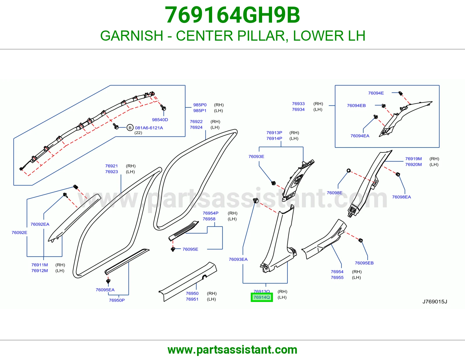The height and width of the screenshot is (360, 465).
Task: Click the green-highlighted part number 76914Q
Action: pyautogui.click(x=262, y=297)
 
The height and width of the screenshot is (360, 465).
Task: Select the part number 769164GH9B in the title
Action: pyautogui.click(x=233, y=15)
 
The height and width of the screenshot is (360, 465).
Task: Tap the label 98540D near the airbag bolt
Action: pyautogui.click(x=160, y=120)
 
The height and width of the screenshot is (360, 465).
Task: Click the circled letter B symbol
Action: pyautogui.click(x=130, y=128)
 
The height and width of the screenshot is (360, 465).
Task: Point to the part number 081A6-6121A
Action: pyautogui.click(x=149, y=128)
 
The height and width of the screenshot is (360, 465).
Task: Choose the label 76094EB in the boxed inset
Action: pyautogui.click(x=356, y=106)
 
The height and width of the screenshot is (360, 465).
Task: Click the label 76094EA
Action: pyautogui.click(x=360, y=136)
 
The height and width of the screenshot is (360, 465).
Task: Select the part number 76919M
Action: pyautogui.click(x=414, y=159)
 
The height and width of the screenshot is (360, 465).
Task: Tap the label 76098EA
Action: pyautogui.click(x=401, y=197)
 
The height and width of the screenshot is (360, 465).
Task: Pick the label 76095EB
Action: pyautogui.click(x=364, y=263)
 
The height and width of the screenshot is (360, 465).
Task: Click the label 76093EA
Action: pyautogui.click(x=238, y=260)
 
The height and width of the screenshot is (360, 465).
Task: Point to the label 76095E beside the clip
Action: pyautogui.click(x=190, y=249)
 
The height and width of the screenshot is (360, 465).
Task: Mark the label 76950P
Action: pyautogui.click(x=117, y=300)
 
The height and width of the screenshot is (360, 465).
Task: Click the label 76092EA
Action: pyautogui.click(x=40, y=224)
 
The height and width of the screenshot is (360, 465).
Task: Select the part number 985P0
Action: pyautogui.click(x=200, y=105)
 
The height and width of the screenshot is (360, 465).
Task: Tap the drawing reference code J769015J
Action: pyautogui.click(x=435, y=302)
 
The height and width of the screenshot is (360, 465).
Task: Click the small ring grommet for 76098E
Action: pyautogui.click(x=348, y=171)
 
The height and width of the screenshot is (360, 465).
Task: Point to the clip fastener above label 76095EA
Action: pyautogui.click(x=108, y=281)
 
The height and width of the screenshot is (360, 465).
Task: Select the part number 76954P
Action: pyautogui.click(x=211, y=213)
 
